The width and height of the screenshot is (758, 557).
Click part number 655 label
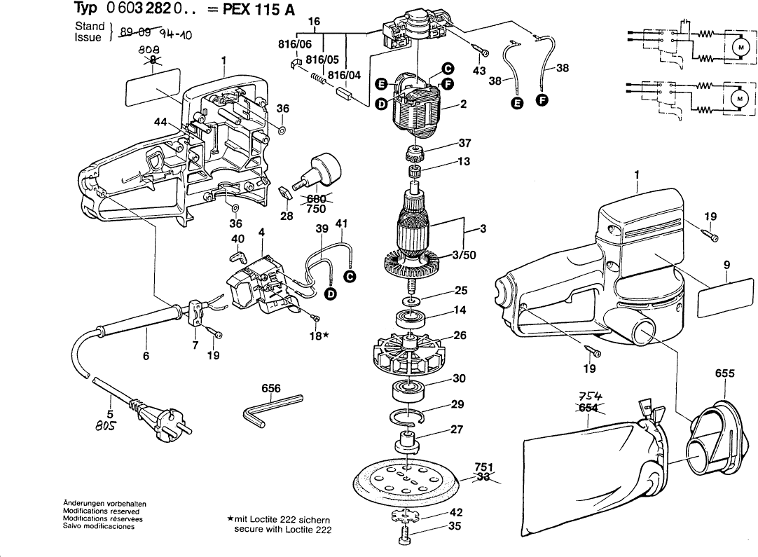pos(724,373)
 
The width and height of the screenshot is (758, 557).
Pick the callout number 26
pos(460,336)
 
